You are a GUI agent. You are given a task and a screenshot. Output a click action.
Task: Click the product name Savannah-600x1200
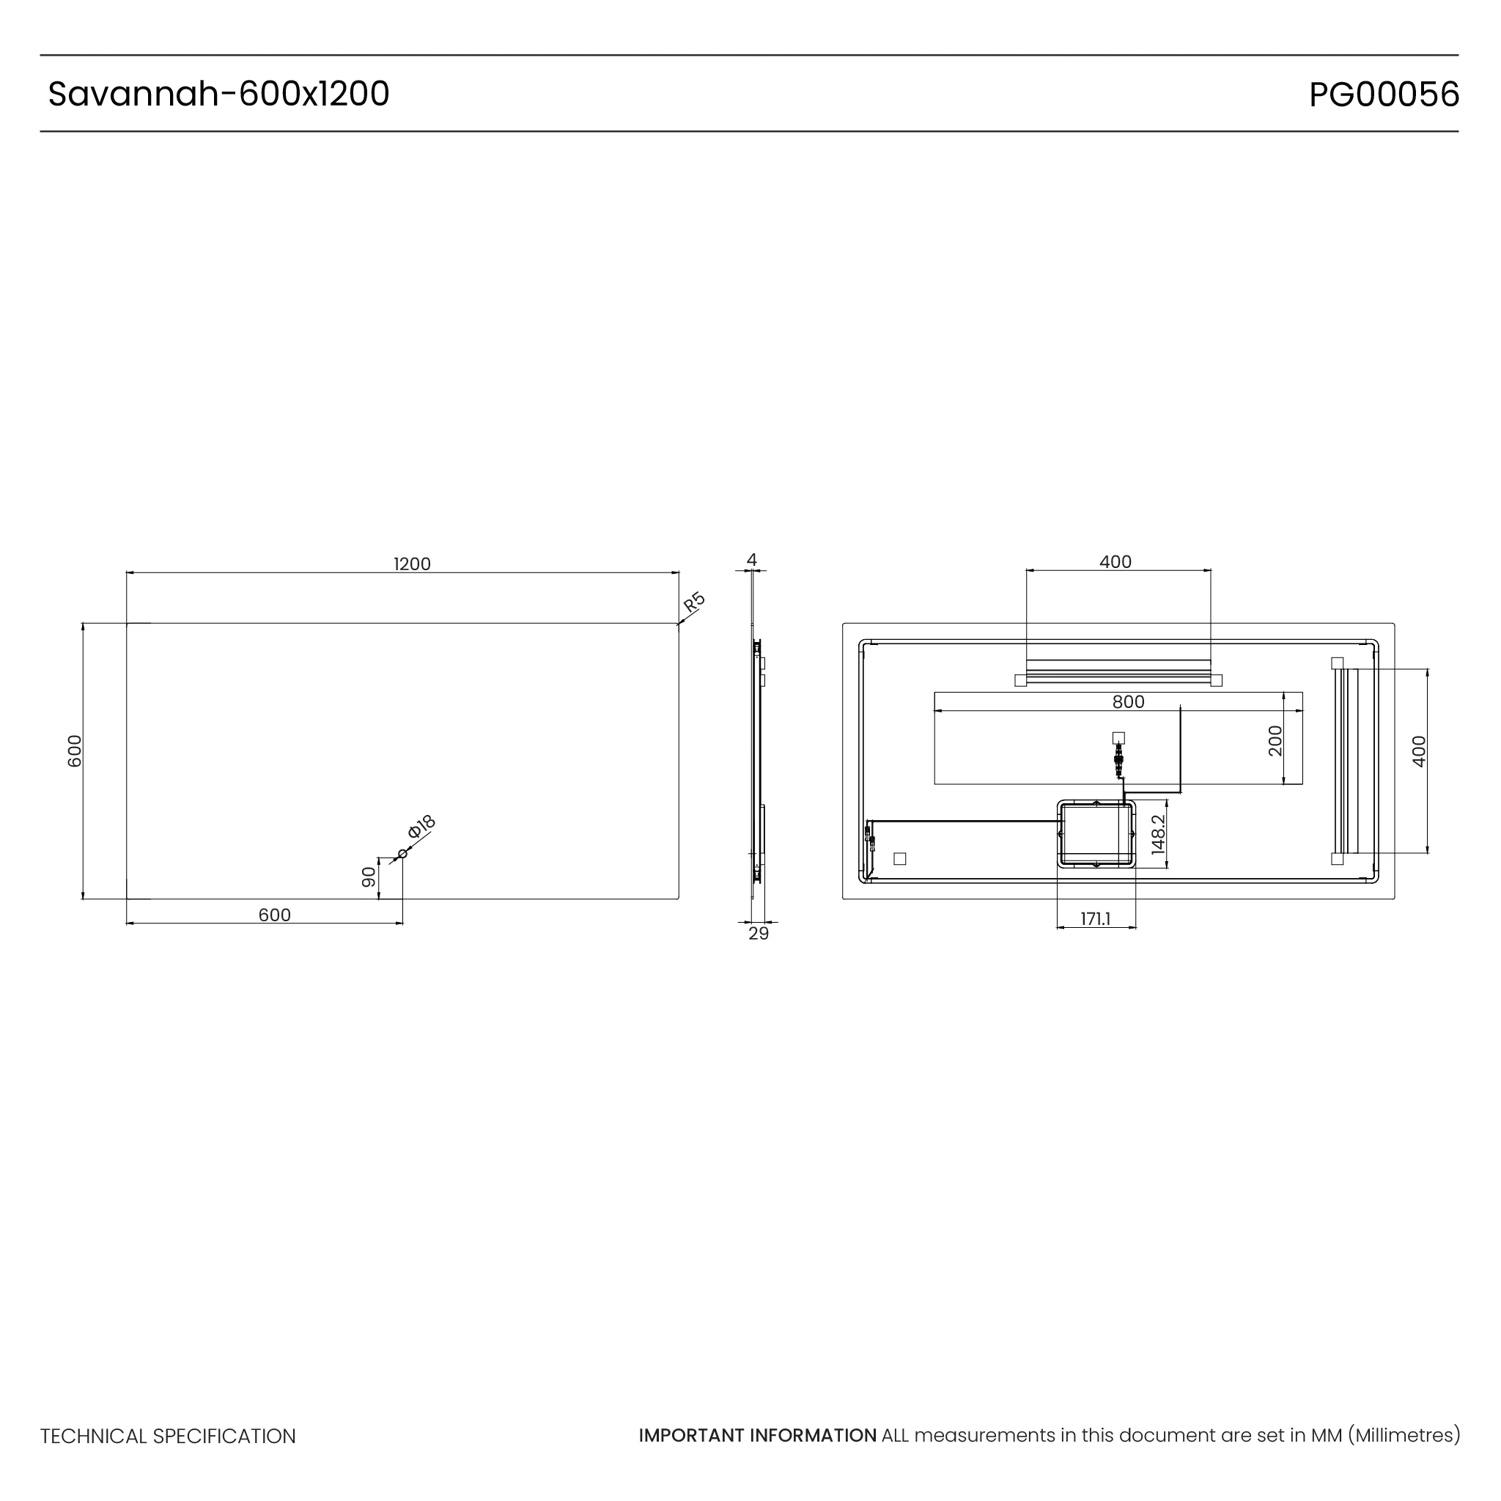218,94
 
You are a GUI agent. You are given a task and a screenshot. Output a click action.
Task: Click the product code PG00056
1384,95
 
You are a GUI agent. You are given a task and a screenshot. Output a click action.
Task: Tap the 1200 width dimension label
412,564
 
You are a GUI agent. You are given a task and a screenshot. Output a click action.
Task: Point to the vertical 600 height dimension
75,750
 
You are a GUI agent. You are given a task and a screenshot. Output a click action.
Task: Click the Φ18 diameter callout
421,827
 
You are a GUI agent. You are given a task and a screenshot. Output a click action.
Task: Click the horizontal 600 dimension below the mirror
274,915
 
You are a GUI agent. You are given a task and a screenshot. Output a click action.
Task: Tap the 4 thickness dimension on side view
751,559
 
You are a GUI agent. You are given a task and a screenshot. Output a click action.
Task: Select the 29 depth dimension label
759,934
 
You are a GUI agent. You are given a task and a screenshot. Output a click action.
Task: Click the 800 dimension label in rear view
1128,702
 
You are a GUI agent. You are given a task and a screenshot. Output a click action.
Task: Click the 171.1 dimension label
1096,919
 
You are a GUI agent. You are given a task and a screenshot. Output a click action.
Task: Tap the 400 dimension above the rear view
1115,561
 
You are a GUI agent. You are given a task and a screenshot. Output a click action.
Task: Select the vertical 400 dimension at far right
1419,751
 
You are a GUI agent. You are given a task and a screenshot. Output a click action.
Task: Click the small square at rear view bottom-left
900,858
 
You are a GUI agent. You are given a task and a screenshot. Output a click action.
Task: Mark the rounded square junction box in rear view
1096,834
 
